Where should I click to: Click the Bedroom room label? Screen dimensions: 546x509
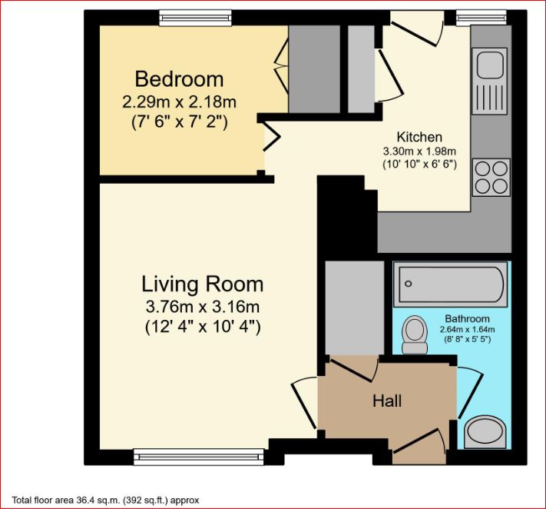click(179, 79)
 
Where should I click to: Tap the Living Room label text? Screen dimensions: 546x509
click(202, 284)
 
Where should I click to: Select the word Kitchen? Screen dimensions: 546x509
click(419, 137)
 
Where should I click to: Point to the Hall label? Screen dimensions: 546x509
click(387, 401)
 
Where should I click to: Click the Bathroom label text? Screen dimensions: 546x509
click(468, 318)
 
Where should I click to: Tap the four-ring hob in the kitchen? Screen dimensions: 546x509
click(491, 178)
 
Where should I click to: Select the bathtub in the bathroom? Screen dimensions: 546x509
click(451, 284)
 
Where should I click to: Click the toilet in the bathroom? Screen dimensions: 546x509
click(415, 334)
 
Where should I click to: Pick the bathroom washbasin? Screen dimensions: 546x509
click(485, 431)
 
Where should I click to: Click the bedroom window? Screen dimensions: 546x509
click(195, 18)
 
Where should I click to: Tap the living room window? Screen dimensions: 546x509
click(199, 457)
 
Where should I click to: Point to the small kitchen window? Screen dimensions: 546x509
click(481, 18)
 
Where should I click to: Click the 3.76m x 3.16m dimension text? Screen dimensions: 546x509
click(202, 307)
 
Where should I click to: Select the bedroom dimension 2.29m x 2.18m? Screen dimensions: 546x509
click(179, 102)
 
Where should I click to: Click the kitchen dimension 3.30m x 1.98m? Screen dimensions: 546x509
click(419, 151)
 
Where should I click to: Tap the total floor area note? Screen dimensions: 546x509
click(105, 501)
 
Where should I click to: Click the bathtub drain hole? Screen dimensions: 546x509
click(409, 284)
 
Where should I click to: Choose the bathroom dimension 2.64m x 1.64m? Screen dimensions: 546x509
click(468, 329)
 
